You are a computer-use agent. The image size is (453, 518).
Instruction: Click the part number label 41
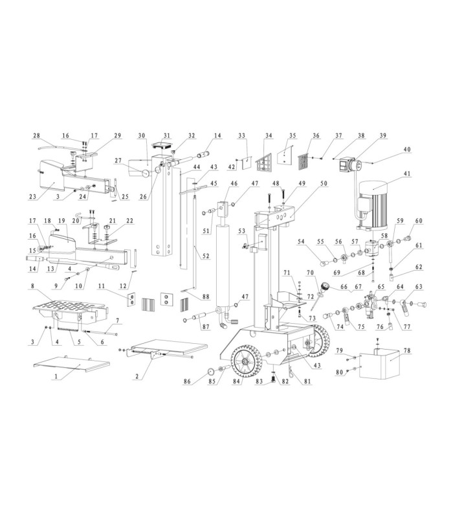406,173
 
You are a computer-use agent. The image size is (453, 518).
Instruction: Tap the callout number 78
407,350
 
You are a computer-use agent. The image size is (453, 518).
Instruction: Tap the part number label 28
37,136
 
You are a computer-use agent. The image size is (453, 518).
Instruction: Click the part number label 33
242,136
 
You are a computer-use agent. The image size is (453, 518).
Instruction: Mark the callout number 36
316,136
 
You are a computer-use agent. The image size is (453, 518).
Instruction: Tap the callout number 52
206,257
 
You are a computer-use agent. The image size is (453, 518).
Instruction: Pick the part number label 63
419,286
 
